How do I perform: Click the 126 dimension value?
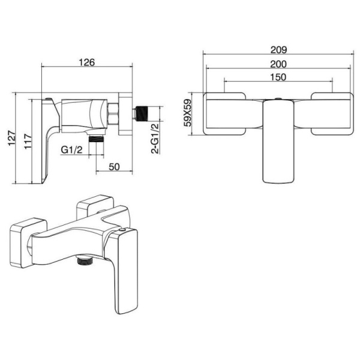[x=86, y=62]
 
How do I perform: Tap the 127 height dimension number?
[x=12, y=138]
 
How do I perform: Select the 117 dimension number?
[x=28, y=141]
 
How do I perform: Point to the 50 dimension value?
[x=114, y=167]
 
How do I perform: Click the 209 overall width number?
[x=278, y=50]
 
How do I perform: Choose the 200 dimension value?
[x=278, y=64]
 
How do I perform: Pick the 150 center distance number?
[x=278, y=77]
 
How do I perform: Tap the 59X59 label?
[x=188, y=113]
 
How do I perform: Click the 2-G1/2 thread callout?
[x=155, y=138]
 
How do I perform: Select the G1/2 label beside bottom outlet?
[x=71, y=150]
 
